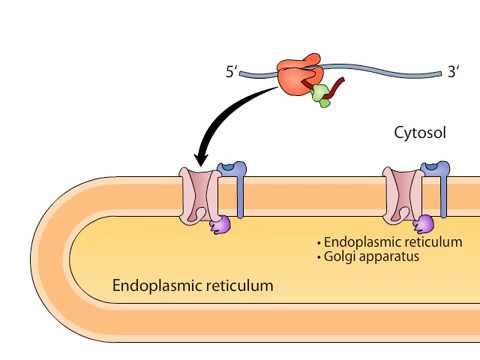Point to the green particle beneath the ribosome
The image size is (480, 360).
[320, 96]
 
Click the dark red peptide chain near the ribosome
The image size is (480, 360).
[333, 93]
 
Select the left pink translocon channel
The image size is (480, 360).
[200, 194]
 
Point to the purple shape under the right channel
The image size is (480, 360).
[424, 224]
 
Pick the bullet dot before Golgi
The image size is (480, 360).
[318, 257]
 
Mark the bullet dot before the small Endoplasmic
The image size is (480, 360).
[318, 242]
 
